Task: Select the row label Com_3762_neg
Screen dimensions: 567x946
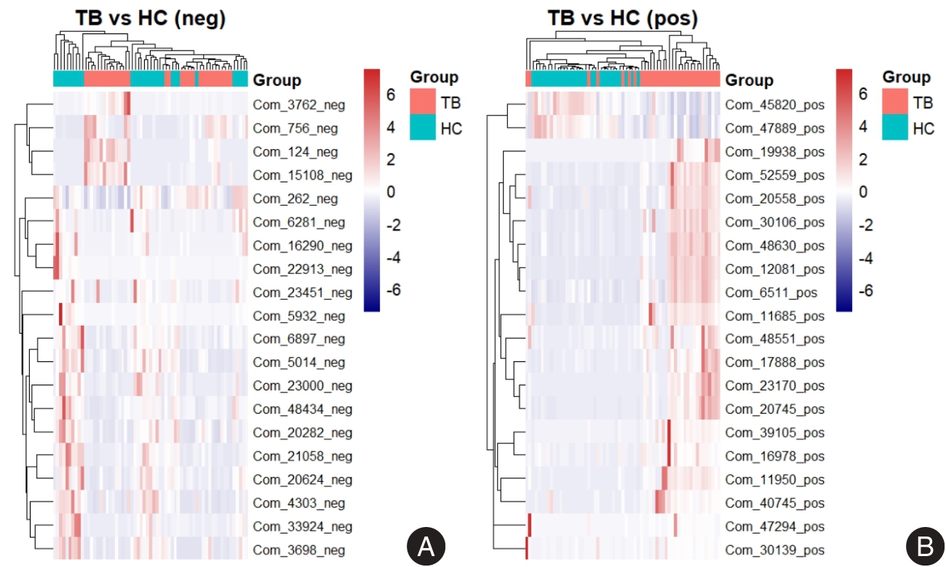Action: [299, 105]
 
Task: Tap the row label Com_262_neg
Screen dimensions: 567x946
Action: [296, 198]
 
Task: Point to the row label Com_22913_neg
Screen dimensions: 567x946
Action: [302, 269]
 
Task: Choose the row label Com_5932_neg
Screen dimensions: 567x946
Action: [299, 316]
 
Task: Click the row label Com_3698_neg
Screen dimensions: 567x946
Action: [299, 550]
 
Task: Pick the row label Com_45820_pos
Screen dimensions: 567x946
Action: [775, 105]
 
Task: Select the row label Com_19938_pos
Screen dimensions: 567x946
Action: [775, 151]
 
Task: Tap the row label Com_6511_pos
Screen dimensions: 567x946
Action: [771, 292]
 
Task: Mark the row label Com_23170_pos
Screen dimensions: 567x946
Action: [775, 385]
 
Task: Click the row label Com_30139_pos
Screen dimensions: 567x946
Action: [775, 550]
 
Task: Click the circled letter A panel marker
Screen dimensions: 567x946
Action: [425, 546]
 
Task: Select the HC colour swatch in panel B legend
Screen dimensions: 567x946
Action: [895, 129]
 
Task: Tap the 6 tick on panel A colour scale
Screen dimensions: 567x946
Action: [390, 94]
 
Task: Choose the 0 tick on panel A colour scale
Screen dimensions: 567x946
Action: [390, 192]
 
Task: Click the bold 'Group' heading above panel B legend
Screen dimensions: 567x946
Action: [906, 77]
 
